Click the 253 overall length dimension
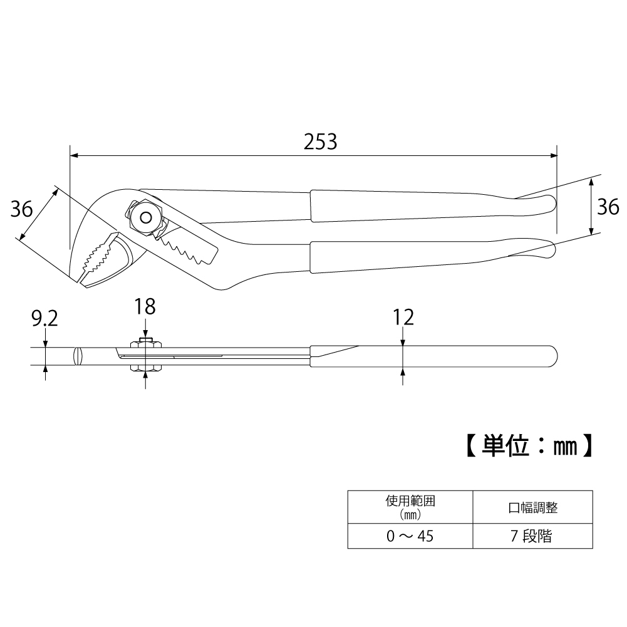[320, 142]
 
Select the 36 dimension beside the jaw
[22, 209]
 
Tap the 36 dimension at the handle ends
[607, 206]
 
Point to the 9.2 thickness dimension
[44, 319]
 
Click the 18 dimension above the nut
[145, 307]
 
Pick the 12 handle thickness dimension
[404, 317]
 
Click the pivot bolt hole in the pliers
[146, 217]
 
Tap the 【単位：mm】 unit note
[529, 445]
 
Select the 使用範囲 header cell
[410, 507]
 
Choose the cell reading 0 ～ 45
[410, 536]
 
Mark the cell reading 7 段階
[533, 536]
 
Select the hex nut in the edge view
[145, 356]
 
